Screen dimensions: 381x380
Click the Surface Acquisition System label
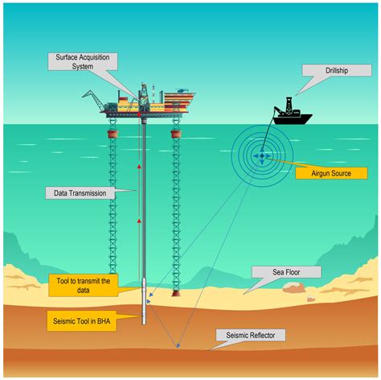tap(83, 62)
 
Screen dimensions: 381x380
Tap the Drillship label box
tap(337, 70)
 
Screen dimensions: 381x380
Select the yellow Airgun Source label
tap(331, 173)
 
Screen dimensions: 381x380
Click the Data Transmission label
tap(80, 193)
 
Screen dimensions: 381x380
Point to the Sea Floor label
tap(286, 272)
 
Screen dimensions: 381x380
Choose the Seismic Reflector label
tap(251, 335)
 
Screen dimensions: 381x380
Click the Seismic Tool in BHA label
tap(82, 321)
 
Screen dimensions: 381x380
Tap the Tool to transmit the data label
tap(84, 286)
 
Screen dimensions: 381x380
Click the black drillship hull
tap(293, 119)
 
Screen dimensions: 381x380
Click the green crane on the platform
tap(94, 100)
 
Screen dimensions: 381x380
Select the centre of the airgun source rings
tap(262, 155)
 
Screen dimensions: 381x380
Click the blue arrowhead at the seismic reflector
tap(178, 345)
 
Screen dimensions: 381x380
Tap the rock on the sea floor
tap(294, 287)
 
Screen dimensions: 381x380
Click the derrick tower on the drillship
tap(289, 105)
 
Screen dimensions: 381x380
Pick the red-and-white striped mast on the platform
tap(154, 94)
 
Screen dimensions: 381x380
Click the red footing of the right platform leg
tap(176, 293)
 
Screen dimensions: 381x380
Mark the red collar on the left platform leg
tap(113, 134)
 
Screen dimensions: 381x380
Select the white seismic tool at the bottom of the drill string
tap(144, 301)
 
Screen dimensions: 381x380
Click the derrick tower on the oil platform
tap(144, 97)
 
